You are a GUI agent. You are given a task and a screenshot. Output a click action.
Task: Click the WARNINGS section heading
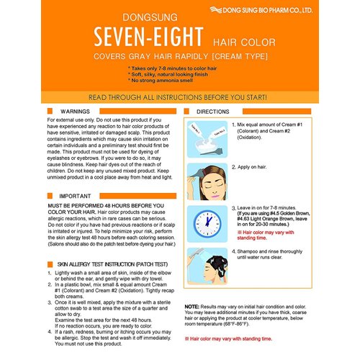tap(76, 113)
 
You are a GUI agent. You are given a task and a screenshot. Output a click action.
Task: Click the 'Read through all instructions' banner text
tap(180, 96)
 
